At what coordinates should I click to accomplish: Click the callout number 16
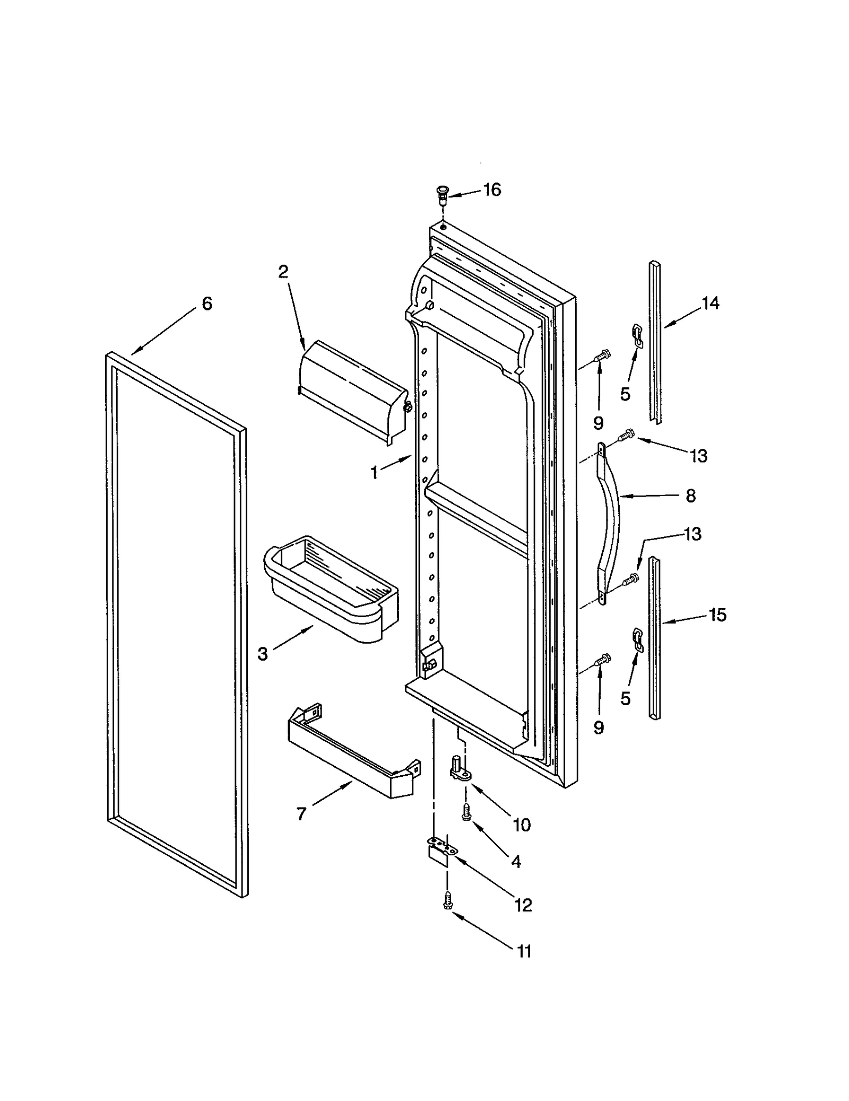[x=492, y=189]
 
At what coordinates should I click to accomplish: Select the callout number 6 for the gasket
[x=206, y=304]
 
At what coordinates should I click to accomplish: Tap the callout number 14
[x=710, y=303]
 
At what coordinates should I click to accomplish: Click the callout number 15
[x=717, y=615]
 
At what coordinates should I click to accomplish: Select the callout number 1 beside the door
[x=375, y=472]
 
